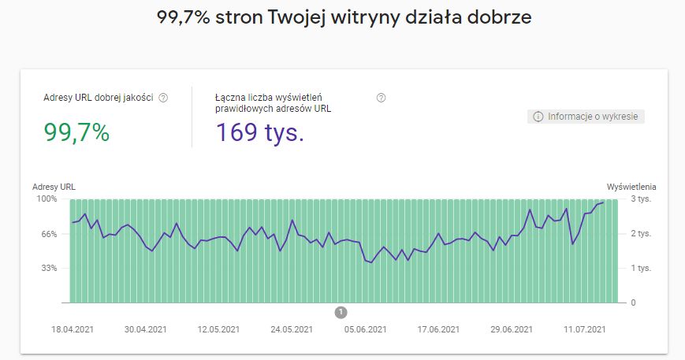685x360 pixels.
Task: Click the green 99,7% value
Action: tap(76, 133)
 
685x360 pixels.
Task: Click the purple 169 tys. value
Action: tap(260, 133)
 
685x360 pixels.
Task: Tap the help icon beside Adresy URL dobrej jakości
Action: tap(164, 98)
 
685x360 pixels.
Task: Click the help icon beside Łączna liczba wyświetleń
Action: tap(382, 98)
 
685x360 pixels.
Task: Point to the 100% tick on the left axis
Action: tap(47, 199)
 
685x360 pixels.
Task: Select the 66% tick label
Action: tap(49, 234)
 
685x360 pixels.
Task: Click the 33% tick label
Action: tap(49, 269)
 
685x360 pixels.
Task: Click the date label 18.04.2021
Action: tap(73, 329)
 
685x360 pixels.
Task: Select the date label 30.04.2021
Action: tap(146, 329)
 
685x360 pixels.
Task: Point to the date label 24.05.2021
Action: tap(292, 329)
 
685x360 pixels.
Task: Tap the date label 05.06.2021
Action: tap(365, 329)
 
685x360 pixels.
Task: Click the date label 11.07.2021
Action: tap(585, 329)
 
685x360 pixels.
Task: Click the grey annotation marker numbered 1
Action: tap(341, 313)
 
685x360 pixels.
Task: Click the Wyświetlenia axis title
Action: tap(631, 187)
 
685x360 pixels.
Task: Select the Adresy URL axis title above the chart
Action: tap(54, 187)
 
